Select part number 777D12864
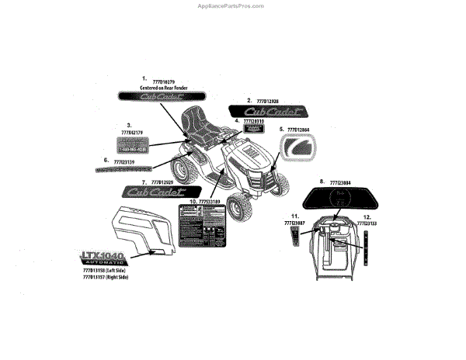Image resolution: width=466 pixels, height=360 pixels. tap(298, 130)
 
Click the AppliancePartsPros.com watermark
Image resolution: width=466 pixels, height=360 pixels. tap(232, 5)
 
